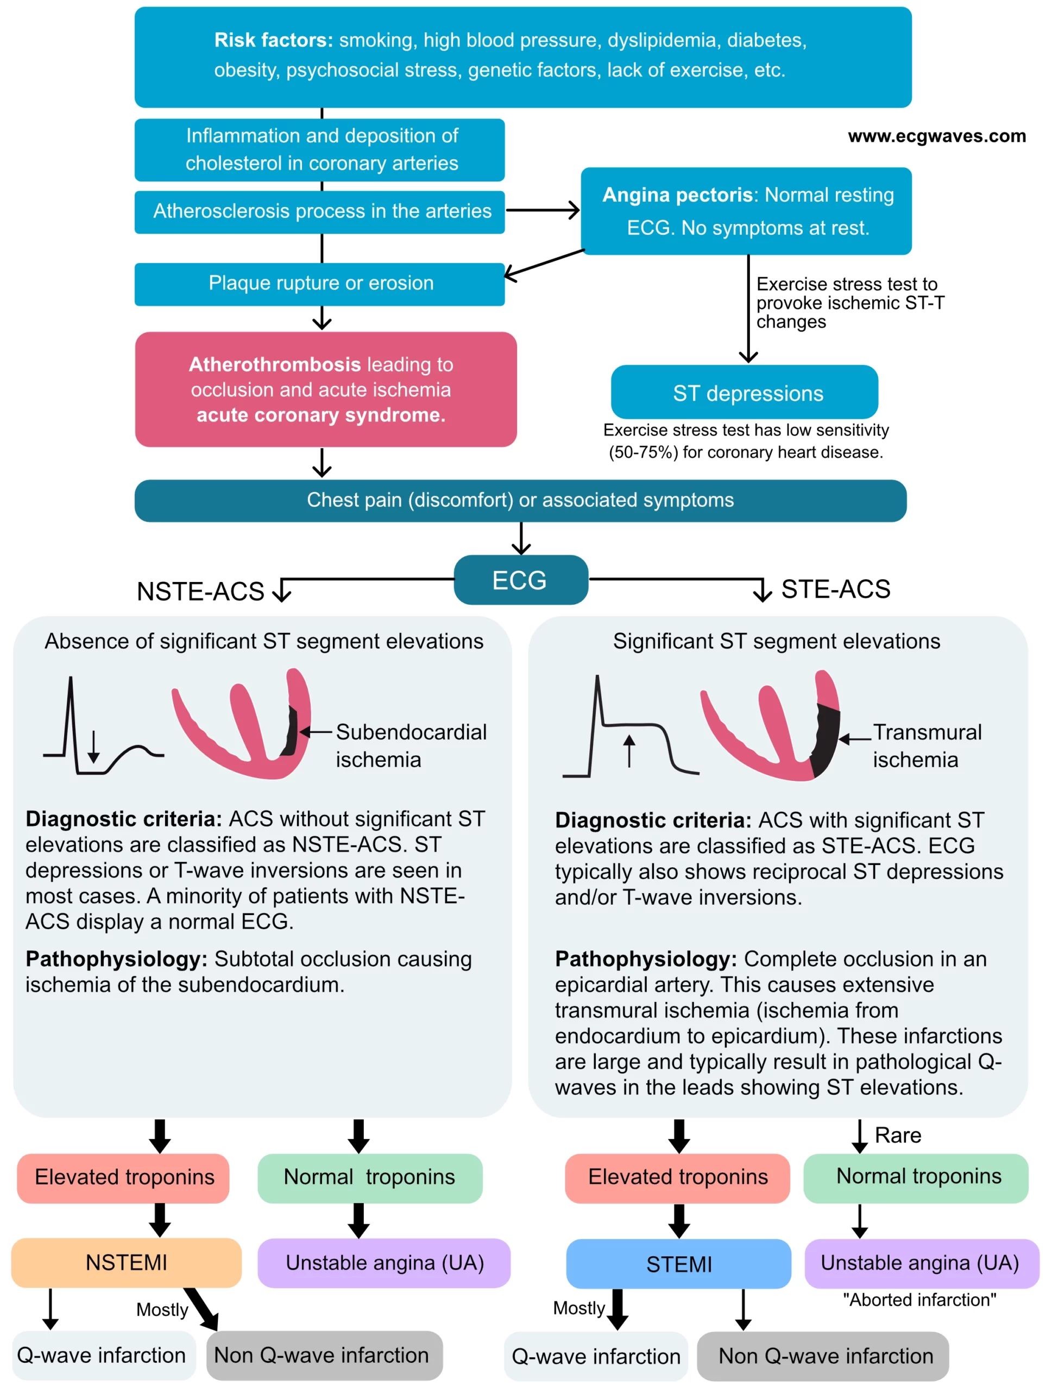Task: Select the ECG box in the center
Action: [520, 580]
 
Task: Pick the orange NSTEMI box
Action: [127, 1262]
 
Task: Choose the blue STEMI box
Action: [678, 1264]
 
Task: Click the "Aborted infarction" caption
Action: [919, 1299]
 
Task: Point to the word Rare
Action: [898, 1135]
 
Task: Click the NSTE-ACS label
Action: [200, 591]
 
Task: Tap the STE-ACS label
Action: [835, 589]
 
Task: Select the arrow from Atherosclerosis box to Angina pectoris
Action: [543, 211]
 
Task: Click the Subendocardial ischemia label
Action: [411, 745]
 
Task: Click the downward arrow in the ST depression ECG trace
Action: [93, 747]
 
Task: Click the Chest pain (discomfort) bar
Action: [520, 500]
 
